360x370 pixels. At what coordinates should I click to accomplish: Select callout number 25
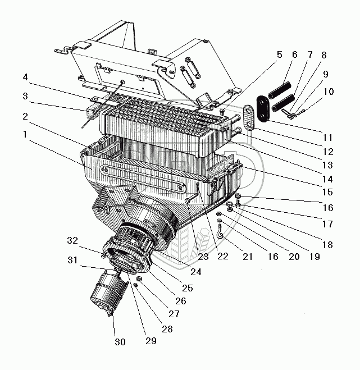point(187,288)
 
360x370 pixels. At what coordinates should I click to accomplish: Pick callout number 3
point(25,96)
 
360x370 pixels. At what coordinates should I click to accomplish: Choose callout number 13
point(327,165)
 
